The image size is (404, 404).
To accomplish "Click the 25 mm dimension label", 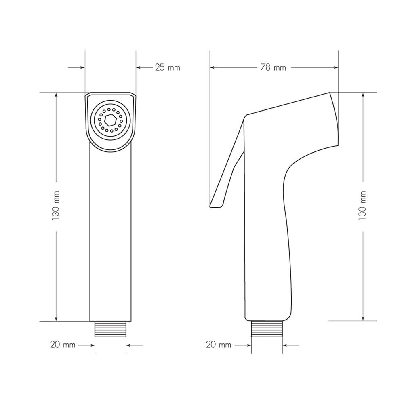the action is (168, 68).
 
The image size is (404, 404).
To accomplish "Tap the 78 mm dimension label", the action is (273, 68).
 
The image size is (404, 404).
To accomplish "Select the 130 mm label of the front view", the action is (56, 205).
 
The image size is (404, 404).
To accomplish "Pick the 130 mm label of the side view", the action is (362, 205).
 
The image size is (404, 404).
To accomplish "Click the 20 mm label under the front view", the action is (63, 345).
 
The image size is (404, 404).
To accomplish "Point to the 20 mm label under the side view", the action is (219, 345).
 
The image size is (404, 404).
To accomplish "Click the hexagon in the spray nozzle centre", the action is (111, 120).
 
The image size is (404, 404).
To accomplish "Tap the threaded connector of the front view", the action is (111, 329).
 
